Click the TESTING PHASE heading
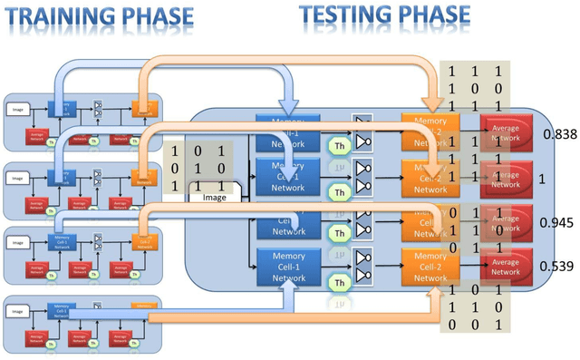(385, 14)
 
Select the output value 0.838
(559, 134)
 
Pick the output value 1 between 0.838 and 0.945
(541, 180)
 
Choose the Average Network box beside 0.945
(506, 221)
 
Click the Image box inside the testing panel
(215, 196)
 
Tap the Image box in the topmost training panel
(17, 109)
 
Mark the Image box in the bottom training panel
(17, 311)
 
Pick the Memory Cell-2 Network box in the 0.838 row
(430, 131)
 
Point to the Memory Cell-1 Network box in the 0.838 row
(282, 131)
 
